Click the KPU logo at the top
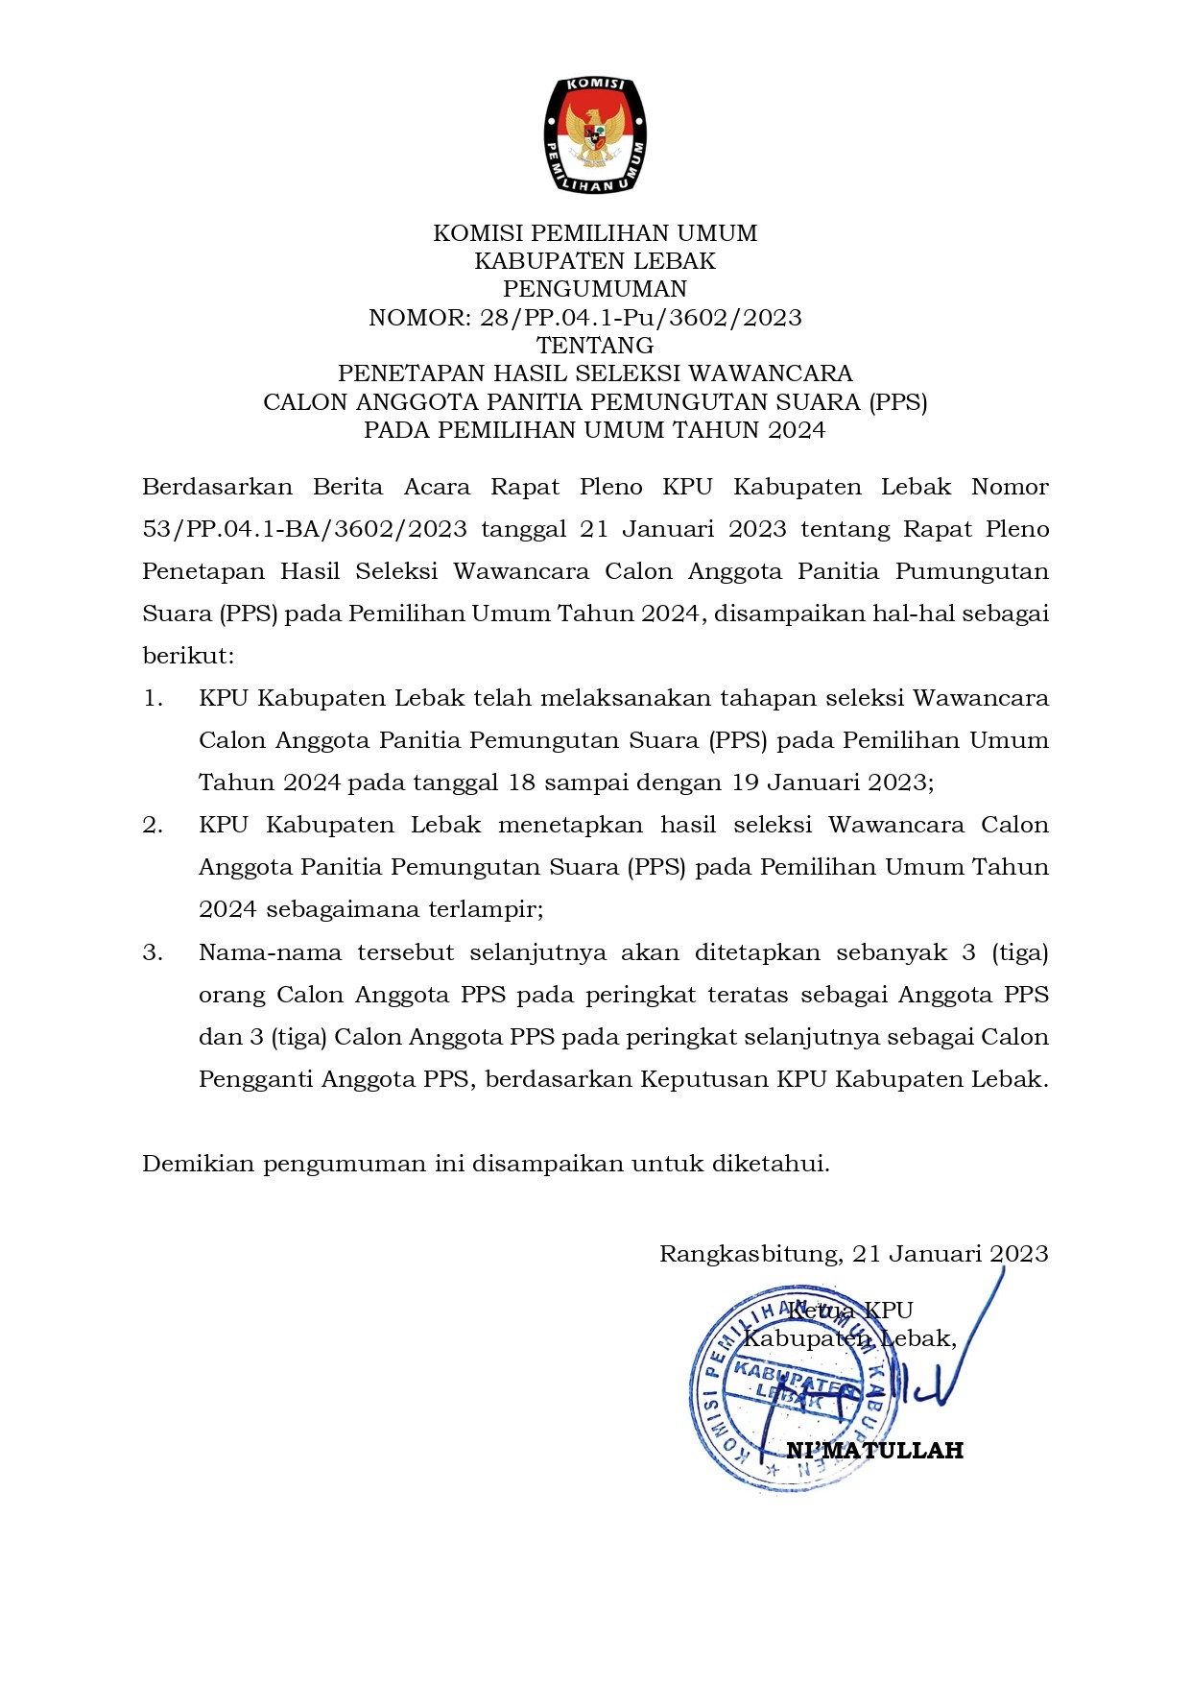click(x=595, y=135)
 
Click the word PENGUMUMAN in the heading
click(x=595, y=289)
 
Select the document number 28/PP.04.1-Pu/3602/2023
click(x=641, y=318)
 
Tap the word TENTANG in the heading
click(x=595, y=346)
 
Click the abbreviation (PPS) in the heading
click(x=898, y=401)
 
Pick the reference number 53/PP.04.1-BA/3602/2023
click(x=304, y=529)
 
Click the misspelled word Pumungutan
click(x=971, y=571)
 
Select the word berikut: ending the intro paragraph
click(x=188, y=656)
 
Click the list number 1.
click(x=153, y=698)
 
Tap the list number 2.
click(x=153, y=825)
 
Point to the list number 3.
click(x=153, y=952)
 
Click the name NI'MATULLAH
click(x=874, y=1451)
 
